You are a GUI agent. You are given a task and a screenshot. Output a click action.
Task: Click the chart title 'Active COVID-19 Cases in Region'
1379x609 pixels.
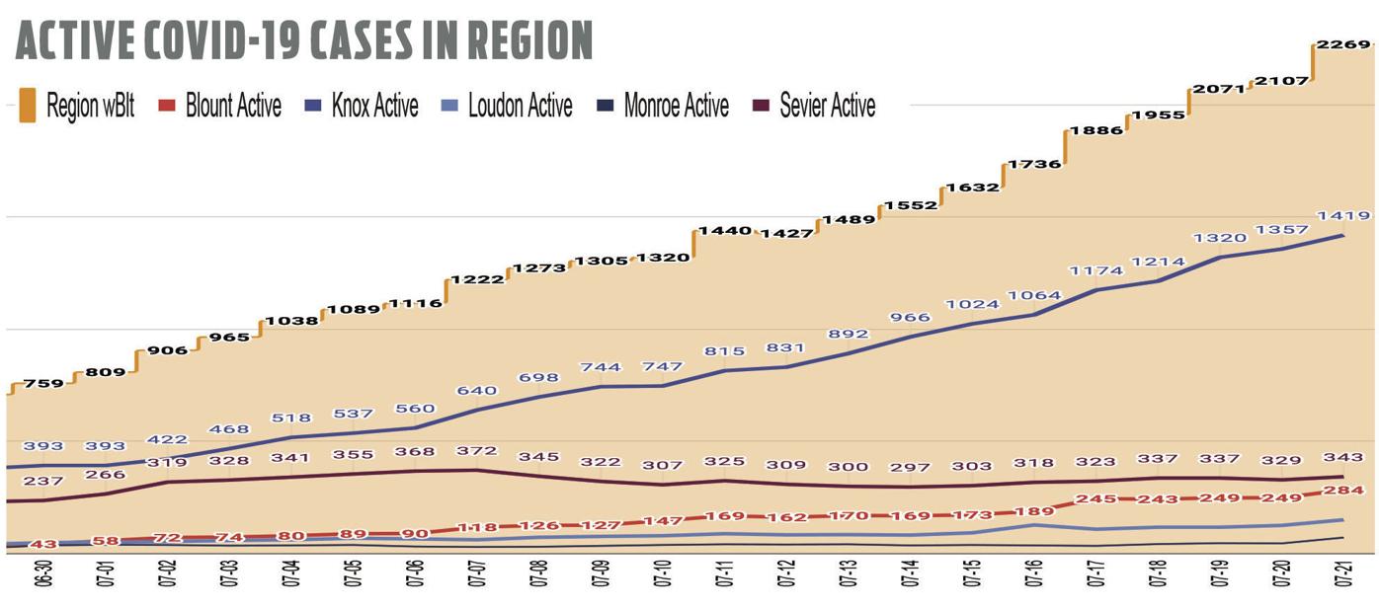click(x=303, y=40)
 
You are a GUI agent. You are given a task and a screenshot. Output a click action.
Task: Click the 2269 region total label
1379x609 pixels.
click(x=1343, y=44)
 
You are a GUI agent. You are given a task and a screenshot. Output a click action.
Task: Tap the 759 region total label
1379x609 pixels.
click(x=44, y=383)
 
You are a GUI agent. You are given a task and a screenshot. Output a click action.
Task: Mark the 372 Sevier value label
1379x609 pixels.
click(x=476, y=451)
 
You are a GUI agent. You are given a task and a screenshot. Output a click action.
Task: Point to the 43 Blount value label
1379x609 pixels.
click(x=44, y=545)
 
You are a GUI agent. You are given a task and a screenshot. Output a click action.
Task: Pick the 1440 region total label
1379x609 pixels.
click(x=724, y=231)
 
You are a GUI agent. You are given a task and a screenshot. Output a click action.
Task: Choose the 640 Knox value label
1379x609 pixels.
click(x=476, y=391)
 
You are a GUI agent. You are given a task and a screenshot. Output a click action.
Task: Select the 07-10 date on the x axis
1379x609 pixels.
click(x=662, y=574)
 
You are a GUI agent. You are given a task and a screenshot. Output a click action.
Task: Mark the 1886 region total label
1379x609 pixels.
click(x=1096, y=130)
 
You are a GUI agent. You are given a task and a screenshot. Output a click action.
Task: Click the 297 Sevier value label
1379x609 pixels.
click(x=910, y=467)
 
